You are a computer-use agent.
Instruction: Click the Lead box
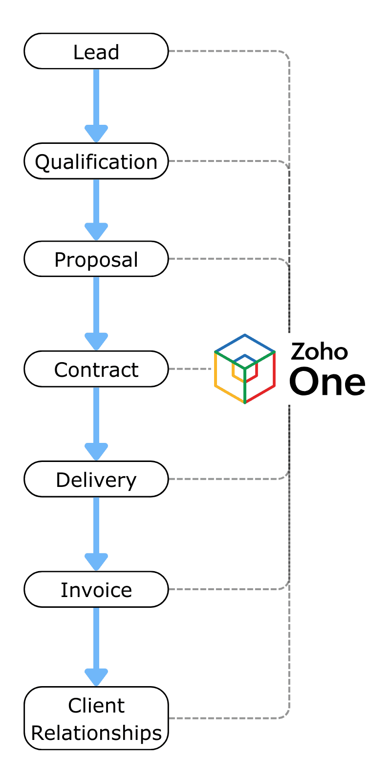pos(96,51)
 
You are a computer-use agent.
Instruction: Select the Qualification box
pos(96,161)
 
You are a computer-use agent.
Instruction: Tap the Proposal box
pos(96,259)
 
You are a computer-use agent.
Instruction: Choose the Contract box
pos(96,369)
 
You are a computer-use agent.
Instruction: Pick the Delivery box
pos(96,480)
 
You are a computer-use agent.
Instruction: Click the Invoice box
pos(96,590)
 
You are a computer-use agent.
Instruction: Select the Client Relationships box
pos(96,718)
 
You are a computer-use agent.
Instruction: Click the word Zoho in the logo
pos(319,352)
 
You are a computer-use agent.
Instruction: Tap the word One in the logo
pos(327,382)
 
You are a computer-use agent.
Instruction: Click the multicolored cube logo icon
pos(245,368)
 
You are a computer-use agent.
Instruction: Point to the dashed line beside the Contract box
pos(191,369)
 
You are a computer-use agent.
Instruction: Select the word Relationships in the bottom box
pos(96,733)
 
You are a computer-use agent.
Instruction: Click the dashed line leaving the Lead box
pos(225,51)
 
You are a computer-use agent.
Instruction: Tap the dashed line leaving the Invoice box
pos(225,589)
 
